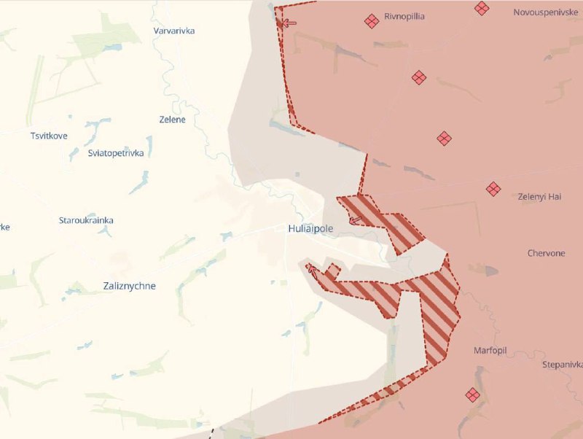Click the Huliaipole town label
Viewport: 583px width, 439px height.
pyautogui.click(x=310, y=228)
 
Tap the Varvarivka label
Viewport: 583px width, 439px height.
pyautogui.click(x=174, y=31)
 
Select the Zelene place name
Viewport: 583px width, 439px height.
pyautogui.click(x=173, y=120)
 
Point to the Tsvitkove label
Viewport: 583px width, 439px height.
pyautogui.click(x=49, y=136)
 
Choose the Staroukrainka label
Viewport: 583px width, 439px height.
pyautogui.click(x=86, y=220)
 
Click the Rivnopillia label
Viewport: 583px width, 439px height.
pyautogui.click(x=404, y=16)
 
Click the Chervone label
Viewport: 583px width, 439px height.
pyautogui.click(x=546, y=253)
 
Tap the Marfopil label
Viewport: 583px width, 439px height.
pyautogui.click(x=489, y=350)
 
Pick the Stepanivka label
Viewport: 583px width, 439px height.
pyautogui.click(x=562, y=365)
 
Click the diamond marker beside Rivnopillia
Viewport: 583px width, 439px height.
pyautogui.click(x=372, y=21)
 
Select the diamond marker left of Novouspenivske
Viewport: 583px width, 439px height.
pyautogui.click(x=482, y=8)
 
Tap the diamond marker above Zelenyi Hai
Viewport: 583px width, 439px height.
pyautogui.click(x=493, y=189)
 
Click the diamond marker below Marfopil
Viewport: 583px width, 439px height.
pyautogui.click(x=472, y=395)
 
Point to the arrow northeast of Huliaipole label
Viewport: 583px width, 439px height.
pyautogui.click(x=356, y=219)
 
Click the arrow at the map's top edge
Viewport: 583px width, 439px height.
pyautogui.click(x=289, y=23)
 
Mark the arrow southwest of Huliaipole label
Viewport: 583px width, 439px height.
pyautogui.click(x=312, y=269)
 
